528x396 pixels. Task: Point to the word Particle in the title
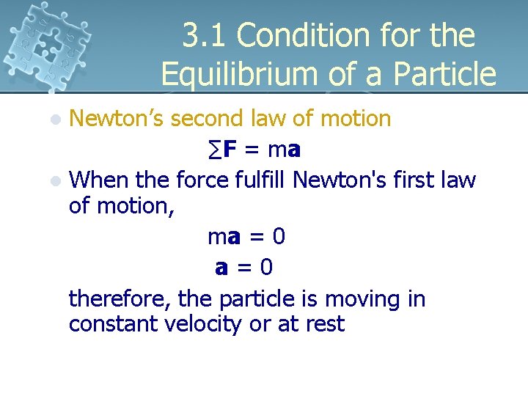[x=447, y=73]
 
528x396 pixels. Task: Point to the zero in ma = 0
[x=278, y=237]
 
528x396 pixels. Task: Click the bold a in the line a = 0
[x=221, y=268]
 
